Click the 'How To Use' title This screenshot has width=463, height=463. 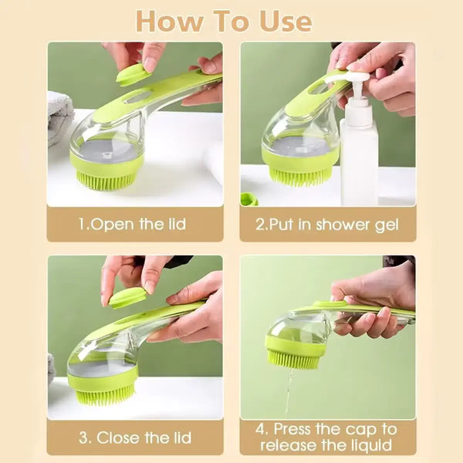point(224,21)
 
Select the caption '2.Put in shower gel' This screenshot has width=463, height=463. point(327,225)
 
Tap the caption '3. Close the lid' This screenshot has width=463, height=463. point(135,438)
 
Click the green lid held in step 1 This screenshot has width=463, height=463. point(133,74)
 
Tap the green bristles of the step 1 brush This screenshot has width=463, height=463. point(106,182)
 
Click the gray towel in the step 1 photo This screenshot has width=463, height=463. point(59,116)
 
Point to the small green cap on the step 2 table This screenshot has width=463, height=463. point(248,199)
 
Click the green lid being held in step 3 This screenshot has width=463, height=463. point(127,297)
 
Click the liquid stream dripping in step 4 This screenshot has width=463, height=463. point(289,390)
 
